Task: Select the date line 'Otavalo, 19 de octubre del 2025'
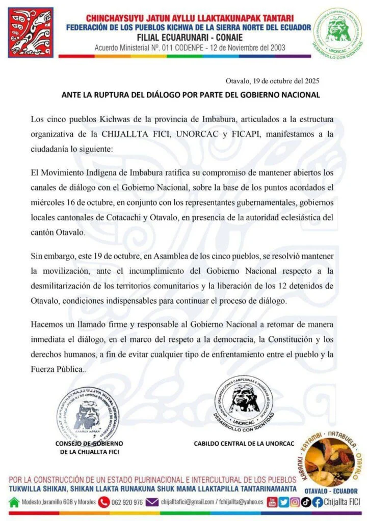tap(273, 81)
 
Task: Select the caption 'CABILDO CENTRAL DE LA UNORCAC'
tap(244, 444)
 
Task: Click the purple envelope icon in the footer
tap(152, 502)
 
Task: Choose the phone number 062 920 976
tap(127, 503)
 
